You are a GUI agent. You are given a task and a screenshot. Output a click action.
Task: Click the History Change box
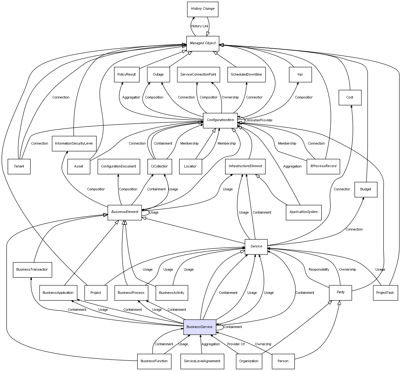pos(203,9)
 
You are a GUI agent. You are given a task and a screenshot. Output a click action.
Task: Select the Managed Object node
pos(203,43)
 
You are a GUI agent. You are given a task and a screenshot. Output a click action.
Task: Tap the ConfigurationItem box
pos(220,120)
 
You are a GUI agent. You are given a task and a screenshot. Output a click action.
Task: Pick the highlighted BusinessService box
pos(200,327)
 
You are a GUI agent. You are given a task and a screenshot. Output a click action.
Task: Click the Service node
pos(256,246)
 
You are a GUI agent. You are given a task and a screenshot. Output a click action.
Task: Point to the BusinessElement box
pos(125,212)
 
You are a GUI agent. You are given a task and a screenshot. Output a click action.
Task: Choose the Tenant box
pos(19,166)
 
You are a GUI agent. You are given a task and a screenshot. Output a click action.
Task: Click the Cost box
pos(350,98)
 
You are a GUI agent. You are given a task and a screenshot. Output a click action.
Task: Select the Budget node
pos(366,189)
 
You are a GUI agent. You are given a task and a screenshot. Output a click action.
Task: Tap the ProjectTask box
pos(385,293)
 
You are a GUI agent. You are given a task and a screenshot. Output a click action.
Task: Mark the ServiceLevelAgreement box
pos(202,361)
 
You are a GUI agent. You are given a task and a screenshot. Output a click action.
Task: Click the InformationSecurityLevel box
pos(74,144)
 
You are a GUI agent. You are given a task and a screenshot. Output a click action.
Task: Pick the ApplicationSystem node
pos(304,212)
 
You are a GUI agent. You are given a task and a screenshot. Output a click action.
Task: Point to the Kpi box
pos(300,75)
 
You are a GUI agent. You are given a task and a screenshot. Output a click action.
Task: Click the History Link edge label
pos(200,26)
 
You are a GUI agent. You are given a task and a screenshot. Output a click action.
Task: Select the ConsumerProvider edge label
pos(258,120)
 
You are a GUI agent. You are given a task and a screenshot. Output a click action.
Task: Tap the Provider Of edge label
pos(236,344)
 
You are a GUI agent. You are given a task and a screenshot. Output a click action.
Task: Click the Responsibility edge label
pos(319,270)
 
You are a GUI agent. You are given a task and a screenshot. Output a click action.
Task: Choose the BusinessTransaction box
pos(32,270)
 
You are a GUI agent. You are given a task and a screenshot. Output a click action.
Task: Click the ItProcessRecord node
pos(323,166)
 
